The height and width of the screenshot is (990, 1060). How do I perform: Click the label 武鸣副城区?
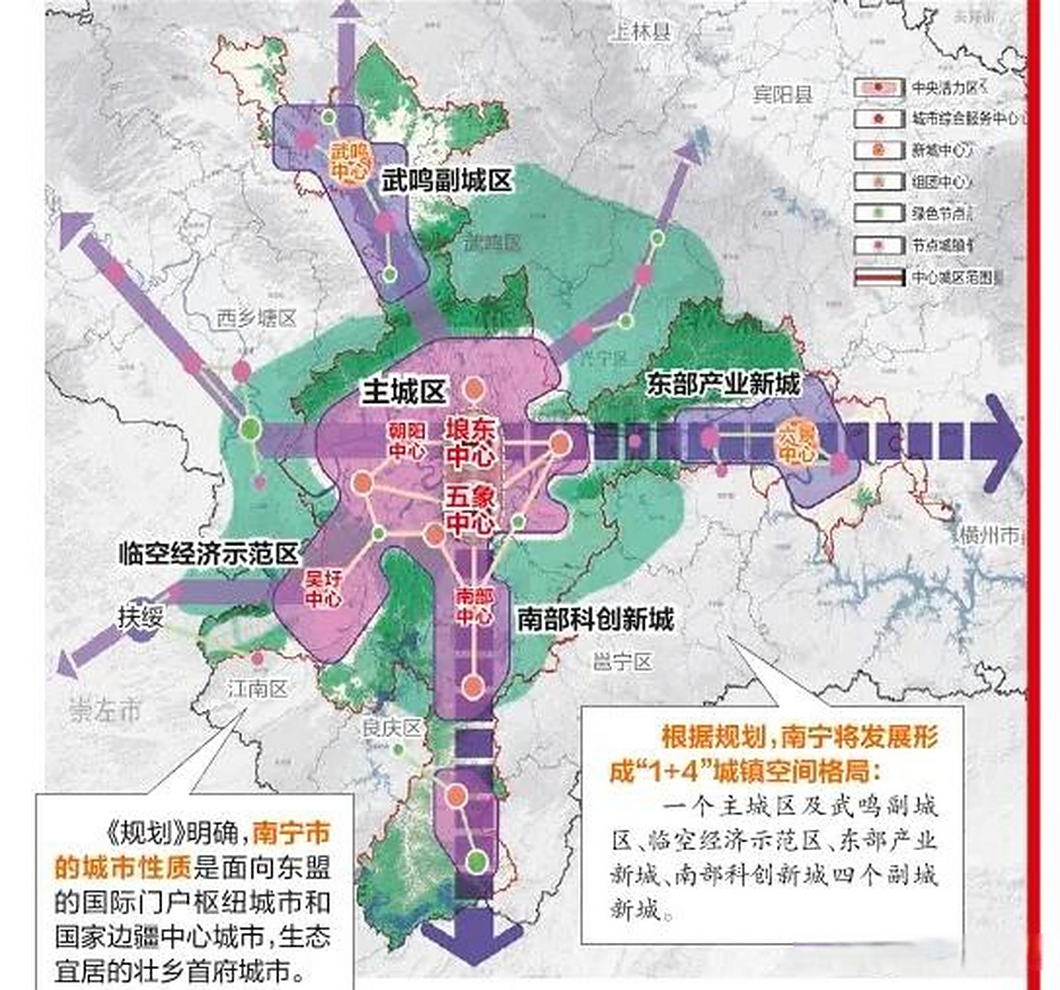click(x=446, y=181)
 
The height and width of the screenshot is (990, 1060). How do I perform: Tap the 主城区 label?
click(x=404, y=393)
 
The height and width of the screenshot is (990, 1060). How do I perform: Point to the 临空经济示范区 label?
click(x=209, y=554)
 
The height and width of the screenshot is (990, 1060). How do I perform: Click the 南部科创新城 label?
click(x=595, y=619)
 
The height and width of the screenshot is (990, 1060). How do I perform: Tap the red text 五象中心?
click(x=469, y=510)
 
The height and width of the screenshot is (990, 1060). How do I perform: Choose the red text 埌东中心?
click(x=469, y=442)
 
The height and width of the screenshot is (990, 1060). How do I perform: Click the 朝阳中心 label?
click(x=407, y=441)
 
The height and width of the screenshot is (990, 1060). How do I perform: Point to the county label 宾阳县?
click(x=782, y=94)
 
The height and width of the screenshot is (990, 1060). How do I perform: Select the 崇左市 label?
click(x=106, y=710)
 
